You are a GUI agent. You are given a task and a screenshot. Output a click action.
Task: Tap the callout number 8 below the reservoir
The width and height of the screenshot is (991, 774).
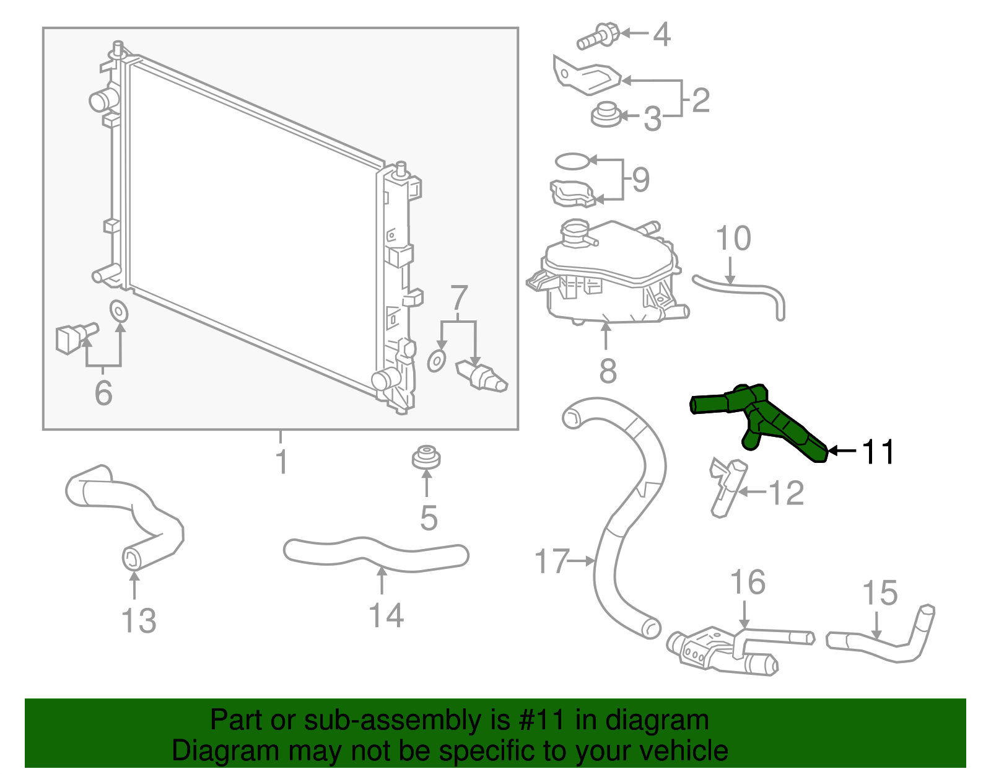pos(608,371)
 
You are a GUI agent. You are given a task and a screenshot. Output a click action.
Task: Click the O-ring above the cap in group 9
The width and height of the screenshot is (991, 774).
pos(572,162)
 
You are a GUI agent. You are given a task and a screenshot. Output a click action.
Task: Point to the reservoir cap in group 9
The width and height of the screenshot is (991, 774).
pos(572,194)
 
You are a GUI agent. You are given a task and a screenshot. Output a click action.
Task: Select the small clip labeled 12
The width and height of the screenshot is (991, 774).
pos(726,486)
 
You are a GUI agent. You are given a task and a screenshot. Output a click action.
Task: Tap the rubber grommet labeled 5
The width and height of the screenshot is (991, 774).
pos(426,459)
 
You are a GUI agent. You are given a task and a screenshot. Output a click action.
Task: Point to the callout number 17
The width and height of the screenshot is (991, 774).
pos(551,561)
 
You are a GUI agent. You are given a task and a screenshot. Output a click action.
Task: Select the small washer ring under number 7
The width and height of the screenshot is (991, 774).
pos(437,361)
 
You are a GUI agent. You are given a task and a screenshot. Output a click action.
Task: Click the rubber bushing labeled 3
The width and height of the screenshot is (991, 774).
pos(605,115)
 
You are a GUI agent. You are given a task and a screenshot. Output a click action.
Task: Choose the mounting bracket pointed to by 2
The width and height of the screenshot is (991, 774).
pos(585,77)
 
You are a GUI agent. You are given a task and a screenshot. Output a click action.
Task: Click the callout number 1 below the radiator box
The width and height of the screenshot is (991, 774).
pos(282,462)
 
